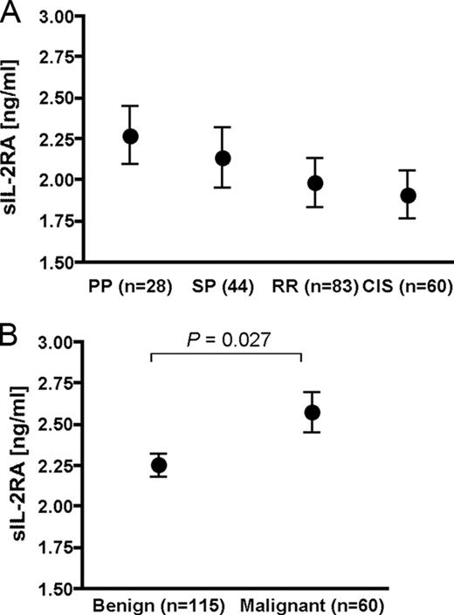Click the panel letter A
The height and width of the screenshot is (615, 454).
tap(11, 10)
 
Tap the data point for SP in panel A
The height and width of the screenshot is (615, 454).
tap(223, 158)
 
